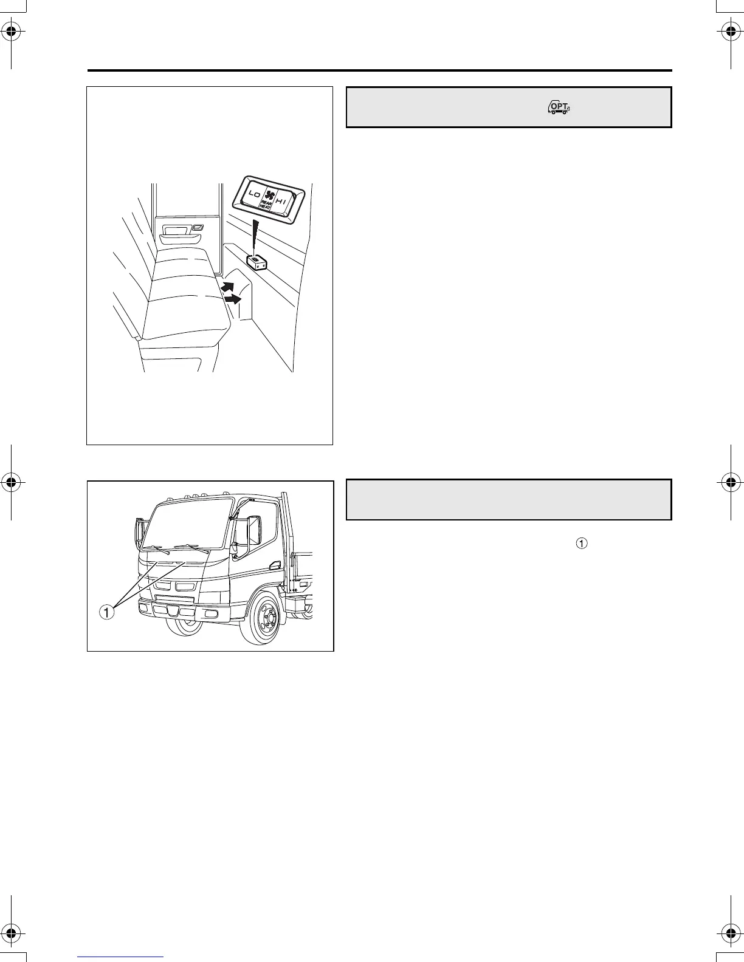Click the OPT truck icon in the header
click(x=559, y=107)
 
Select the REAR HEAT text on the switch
click(x=266, y=205)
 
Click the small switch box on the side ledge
click(x=257, y=261)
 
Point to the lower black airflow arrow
click(x=233, y=298)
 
